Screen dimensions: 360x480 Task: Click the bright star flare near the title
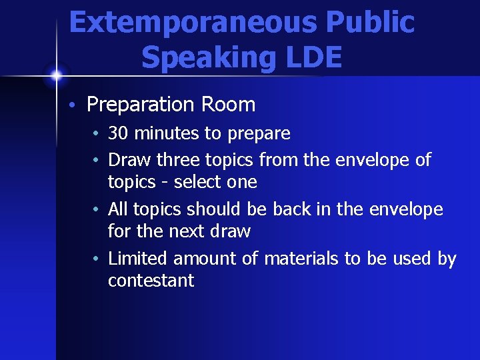56,75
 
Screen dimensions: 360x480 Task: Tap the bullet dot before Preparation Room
77,105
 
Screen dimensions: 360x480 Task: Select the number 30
119,133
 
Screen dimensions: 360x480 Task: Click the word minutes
167,133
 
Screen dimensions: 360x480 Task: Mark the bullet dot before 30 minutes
97,134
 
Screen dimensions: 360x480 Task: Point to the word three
181,160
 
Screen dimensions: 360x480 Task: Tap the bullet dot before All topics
97,210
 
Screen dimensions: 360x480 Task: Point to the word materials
301,258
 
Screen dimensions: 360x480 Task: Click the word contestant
151,280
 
